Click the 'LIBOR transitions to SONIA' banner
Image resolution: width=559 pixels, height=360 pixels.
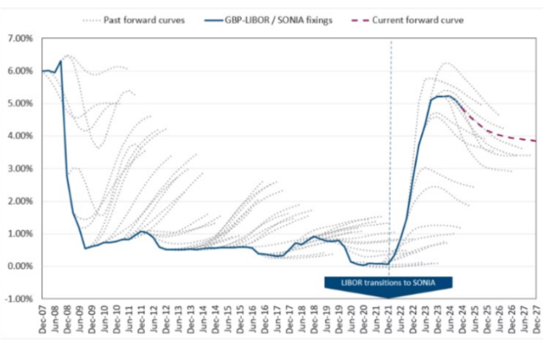click(x=389, y=282)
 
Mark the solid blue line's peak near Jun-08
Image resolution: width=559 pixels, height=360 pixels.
click(x=60, y=61)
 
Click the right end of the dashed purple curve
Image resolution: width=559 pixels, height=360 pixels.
click(x=537, y=140)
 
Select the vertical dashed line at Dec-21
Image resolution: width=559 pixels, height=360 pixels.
click(x=390, y=145)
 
